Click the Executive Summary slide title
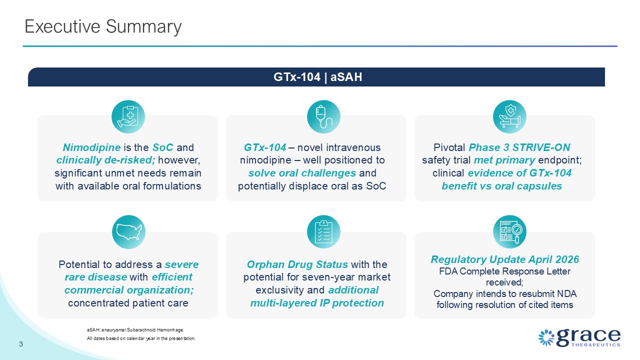click(x=103, y=27)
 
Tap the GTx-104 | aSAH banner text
click(x=317, y=77)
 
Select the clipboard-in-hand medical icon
click(x=128, y=116)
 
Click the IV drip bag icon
click(x=323, y=116)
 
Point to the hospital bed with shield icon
click(x=509, y=116)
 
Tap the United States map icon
click(x=128, y=231)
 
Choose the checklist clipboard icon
click(x=323, y=231)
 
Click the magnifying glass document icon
click(x=509, y=231)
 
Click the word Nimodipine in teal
click(x=91, y=147)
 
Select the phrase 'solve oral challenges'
click(x=302, y=173)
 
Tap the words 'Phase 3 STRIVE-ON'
click(x=519, y=147)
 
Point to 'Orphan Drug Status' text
click(x=297, y=264)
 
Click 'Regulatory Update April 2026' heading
click(x=504, y=259)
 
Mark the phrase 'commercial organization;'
click(x=129, y=290)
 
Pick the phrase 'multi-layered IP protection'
click(x=317, y=303)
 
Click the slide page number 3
click(x=21, y=344)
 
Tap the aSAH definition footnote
click(x=135, y=330)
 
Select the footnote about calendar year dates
click(x=141, y=338)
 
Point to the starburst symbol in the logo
click(x=546, y=337)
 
